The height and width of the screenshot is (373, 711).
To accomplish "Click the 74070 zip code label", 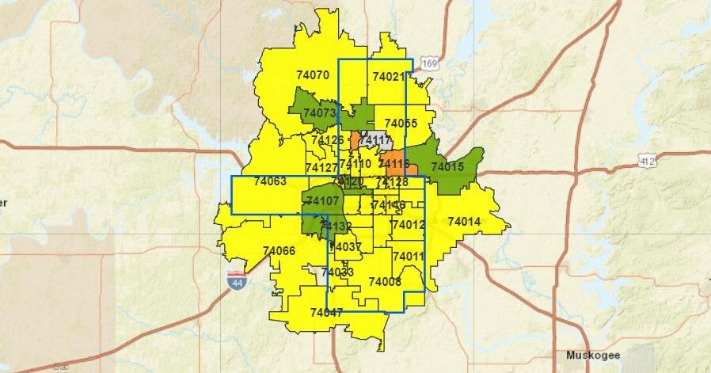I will pyautogui.click(x=312, y=75).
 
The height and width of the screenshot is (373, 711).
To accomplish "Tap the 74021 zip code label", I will pyautogui.click(x=388, y=78).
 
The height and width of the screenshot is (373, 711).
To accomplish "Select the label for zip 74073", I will pyautogui.click(x=320, y=113).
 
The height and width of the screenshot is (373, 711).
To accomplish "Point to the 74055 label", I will pyautogui.click(x=401, y=124).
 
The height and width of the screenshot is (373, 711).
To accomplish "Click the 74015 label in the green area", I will pyautogui.click(x=447, y=167).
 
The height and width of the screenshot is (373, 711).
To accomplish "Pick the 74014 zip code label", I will pyautogui.click(x=464, y=222).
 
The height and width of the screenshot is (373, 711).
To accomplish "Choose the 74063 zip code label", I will pyautogui.click(x=270, y=181).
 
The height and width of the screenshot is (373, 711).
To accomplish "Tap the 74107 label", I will pyautogui.click(x=322, y=202).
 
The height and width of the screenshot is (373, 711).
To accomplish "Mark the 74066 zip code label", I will pyautogui.click(x=279, y=251).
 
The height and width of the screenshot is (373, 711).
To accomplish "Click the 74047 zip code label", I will pyautogui.click(x=326, y=313).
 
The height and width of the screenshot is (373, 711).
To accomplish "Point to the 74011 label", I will pyautogui.click(x=409, y=257).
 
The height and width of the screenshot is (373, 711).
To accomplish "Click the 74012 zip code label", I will pyautogui.click(x=409, y=225).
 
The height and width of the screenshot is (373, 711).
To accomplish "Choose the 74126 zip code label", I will pyautogui.click(x=327, y=140).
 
